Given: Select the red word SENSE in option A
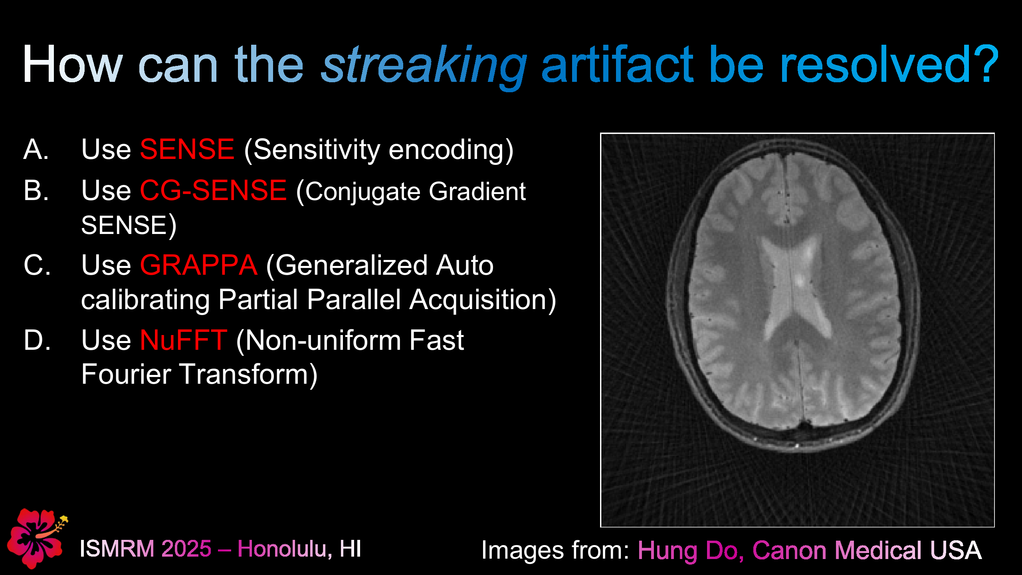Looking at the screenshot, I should (x=187, y=149).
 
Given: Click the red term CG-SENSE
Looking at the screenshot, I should (x=213, y=190).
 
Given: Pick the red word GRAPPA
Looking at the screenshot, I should (x=198, y=265).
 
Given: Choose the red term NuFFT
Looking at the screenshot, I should (x=184, y=340).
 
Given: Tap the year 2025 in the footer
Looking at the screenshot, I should (x=186, y=549).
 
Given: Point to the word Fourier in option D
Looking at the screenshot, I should (x=126, y=375).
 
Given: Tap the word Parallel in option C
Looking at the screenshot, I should (x=353, y=299).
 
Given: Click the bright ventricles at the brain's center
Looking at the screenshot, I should (x=792, y=287).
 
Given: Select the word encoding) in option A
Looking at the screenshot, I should (x=451, y=150).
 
